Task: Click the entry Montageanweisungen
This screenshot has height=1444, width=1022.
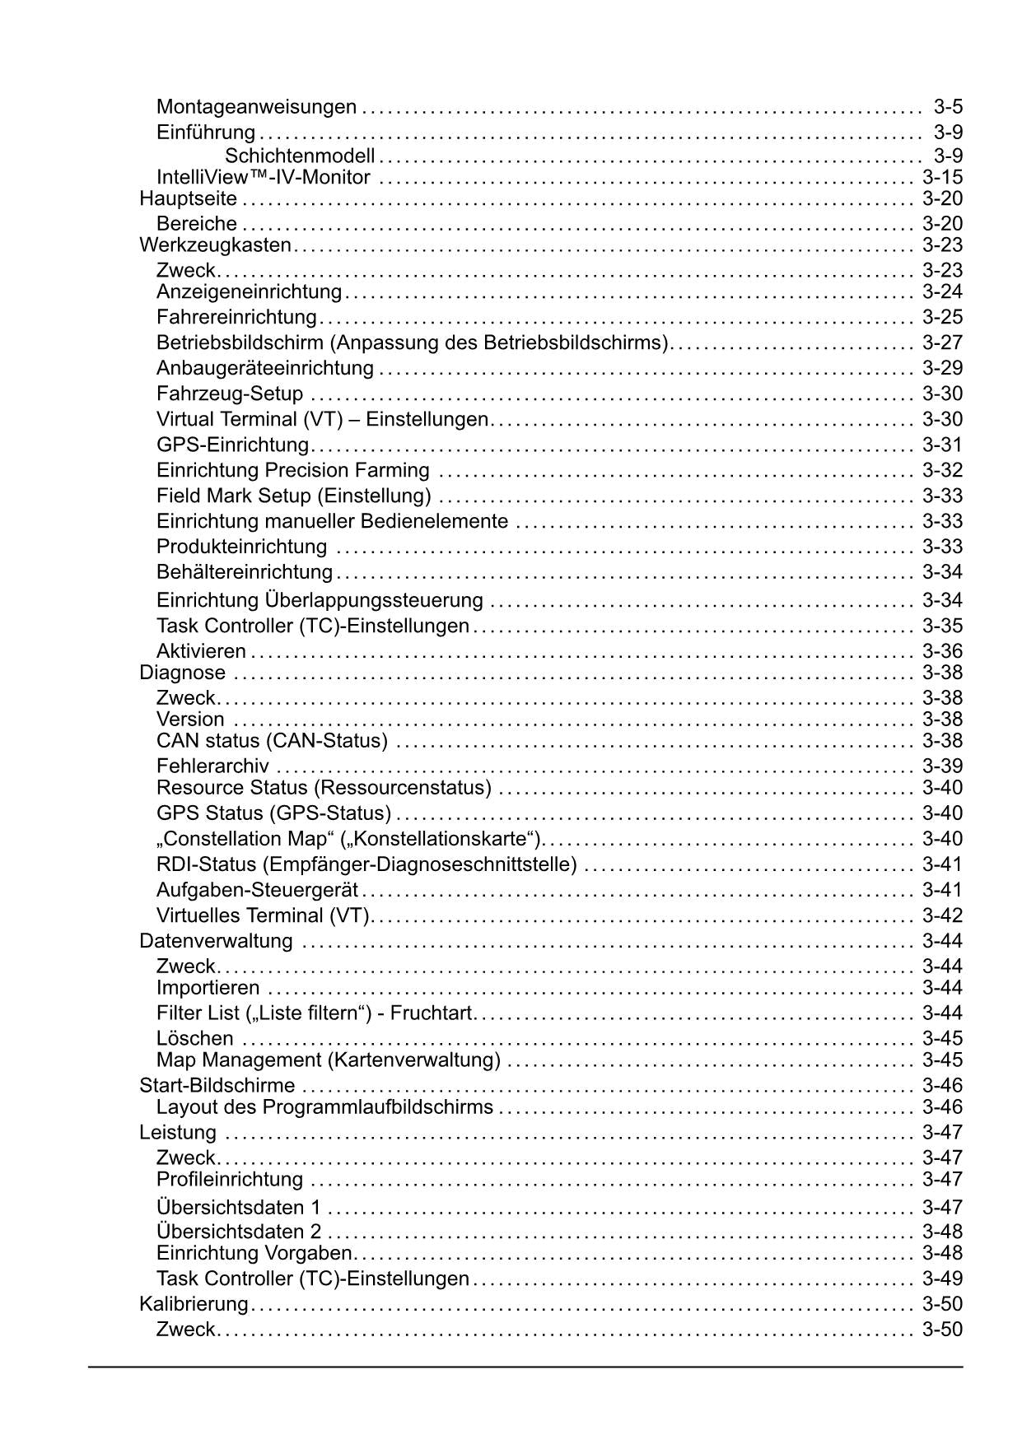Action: tap(256, 107)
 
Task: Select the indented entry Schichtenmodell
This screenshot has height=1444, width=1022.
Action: tap(300, 156)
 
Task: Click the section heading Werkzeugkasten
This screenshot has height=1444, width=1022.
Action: tap(216, 245)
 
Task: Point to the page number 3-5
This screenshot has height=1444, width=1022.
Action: tap(948, 107)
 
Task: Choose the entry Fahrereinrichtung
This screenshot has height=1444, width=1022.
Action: tap(236, 317)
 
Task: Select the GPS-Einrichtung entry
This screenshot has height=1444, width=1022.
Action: tap(232, 445)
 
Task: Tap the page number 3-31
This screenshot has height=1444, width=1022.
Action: tap(942, 445)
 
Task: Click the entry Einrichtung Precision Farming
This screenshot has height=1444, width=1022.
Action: tap(292, 470)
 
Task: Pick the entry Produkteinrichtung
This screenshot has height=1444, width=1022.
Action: tap(241, 547)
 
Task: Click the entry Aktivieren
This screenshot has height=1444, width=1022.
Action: tap(201, 651)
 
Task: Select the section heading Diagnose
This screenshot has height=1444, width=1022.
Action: tap(182, 673)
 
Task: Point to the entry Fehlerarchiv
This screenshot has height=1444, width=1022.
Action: tap(212, 766)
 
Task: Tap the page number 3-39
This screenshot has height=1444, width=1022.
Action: tap(942, 766)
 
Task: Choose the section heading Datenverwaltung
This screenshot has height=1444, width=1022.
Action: tap(216, 941)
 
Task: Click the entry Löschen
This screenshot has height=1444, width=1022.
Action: tap(195, 1038)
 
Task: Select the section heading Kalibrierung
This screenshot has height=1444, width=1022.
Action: tap(194, 1304)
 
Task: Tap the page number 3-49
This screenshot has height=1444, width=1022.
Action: tap(942, 1279)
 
